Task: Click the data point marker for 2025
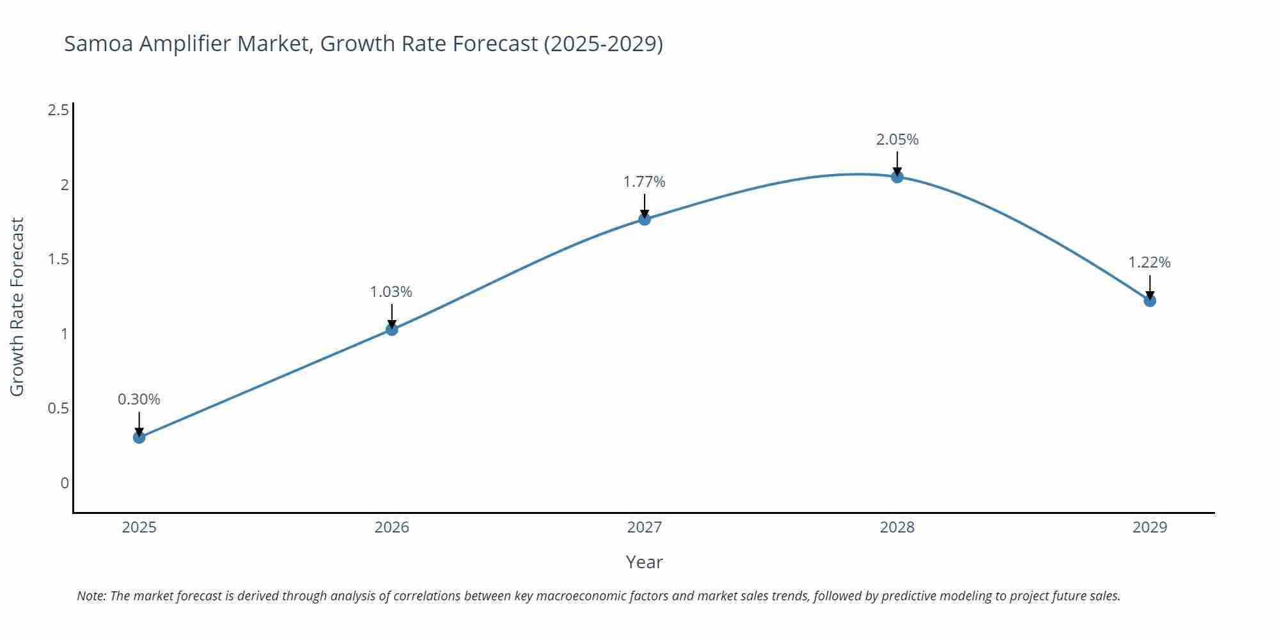pos(139,438)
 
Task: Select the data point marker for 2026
pos(392,329)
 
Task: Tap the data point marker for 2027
pos(645,219)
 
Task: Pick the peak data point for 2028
pos(897,177)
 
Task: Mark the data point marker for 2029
pos(1150,300)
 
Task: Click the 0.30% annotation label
pos(139,399)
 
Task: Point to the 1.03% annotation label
pos(391,292)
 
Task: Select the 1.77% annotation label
pos(644,182)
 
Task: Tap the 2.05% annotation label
pos(897,140)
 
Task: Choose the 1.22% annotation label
pos(1149,262)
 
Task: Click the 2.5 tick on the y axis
pos(58,110)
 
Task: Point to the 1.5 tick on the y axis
pos(58,259)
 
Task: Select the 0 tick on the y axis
pos(65,483)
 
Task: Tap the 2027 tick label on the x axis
pos(644,527)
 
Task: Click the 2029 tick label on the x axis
pos(1150,527)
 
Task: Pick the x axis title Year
pos(644,562)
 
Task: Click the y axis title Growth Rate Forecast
pos(17,307)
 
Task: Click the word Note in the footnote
pos(91,596)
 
